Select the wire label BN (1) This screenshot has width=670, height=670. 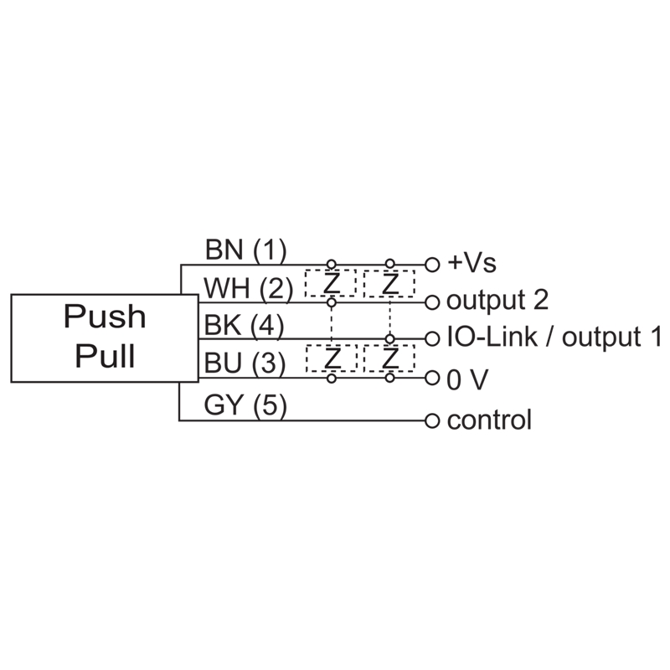pos(245,250)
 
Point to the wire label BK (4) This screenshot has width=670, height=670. pos(245,325)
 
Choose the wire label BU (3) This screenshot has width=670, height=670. pos(245,363)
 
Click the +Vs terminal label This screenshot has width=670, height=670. pos(472,263)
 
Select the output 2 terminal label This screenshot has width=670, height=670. pos(497,300)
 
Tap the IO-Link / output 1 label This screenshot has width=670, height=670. pos(554,338)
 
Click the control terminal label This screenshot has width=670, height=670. pos(489,420)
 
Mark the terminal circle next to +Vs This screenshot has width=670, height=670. pos(432,263)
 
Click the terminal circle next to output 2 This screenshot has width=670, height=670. pos(432,301)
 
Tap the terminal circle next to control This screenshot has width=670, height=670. pos(432,419)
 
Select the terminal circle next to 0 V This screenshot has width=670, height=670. pos(432,379)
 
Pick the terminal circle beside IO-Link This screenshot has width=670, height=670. pos(432,339)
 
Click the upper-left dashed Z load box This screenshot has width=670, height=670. pos(331,284)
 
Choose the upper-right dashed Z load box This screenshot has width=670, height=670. pos(389,284)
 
